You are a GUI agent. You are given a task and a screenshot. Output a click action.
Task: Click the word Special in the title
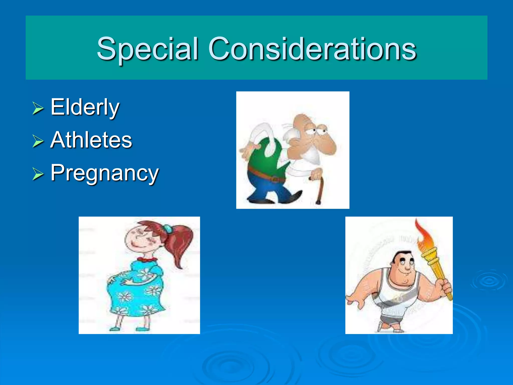[148, 49]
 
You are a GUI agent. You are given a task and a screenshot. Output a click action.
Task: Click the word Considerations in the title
[312, 49]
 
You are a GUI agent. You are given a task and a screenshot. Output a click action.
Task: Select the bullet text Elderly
[85, 107]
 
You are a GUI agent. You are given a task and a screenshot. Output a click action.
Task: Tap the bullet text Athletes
[91, 140]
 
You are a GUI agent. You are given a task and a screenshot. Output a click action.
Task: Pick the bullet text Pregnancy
[104, 173]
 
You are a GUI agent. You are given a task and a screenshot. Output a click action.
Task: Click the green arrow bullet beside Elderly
[38, 108]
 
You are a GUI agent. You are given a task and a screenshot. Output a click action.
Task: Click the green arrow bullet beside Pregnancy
[38, 174]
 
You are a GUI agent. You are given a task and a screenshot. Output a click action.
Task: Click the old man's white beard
[312, 155]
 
